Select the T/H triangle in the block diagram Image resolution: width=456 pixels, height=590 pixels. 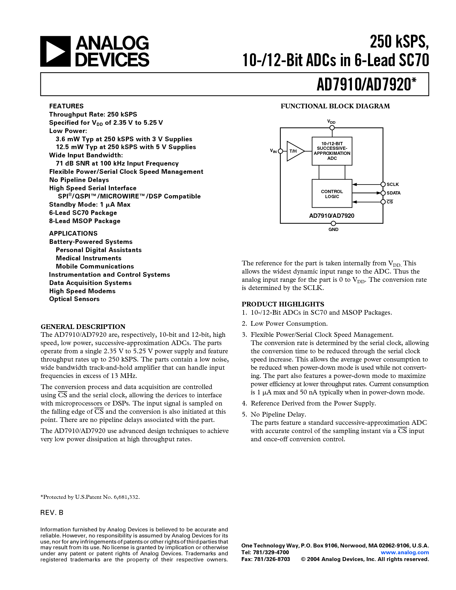[294, 151]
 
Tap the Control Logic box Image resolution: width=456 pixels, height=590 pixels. [332, 194]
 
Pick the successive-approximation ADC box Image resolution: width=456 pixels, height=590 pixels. [332, 151]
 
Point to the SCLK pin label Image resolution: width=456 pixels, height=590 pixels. [392, 185]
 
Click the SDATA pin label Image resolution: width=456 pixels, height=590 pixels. [393, 193]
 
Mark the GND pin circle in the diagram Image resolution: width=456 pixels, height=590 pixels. [333, 223]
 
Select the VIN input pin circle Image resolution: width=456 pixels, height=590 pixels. [280, 151]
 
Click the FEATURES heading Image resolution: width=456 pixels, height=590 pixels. [66, 106]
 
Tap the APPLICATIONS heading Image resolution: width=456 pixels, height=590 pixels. [73, 233]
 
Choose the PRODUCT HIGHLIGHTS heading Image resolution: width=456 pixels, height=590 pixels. [283, 304]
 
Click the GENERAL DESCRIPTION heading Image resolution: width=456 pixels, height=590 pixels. [83, 327]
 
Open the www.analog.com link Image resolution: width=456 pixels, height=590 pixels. [405, 552]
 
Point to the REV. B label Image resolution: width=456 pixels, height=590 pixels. [52, 513]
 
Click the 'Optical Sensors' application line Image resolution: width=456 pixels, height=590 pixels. [74, 299]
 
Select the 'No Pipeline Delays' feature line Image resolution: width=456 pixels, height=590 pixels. [79, 180]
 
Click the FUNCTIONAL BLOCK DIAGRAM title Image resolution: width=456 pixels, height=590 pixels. [335, 106]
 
